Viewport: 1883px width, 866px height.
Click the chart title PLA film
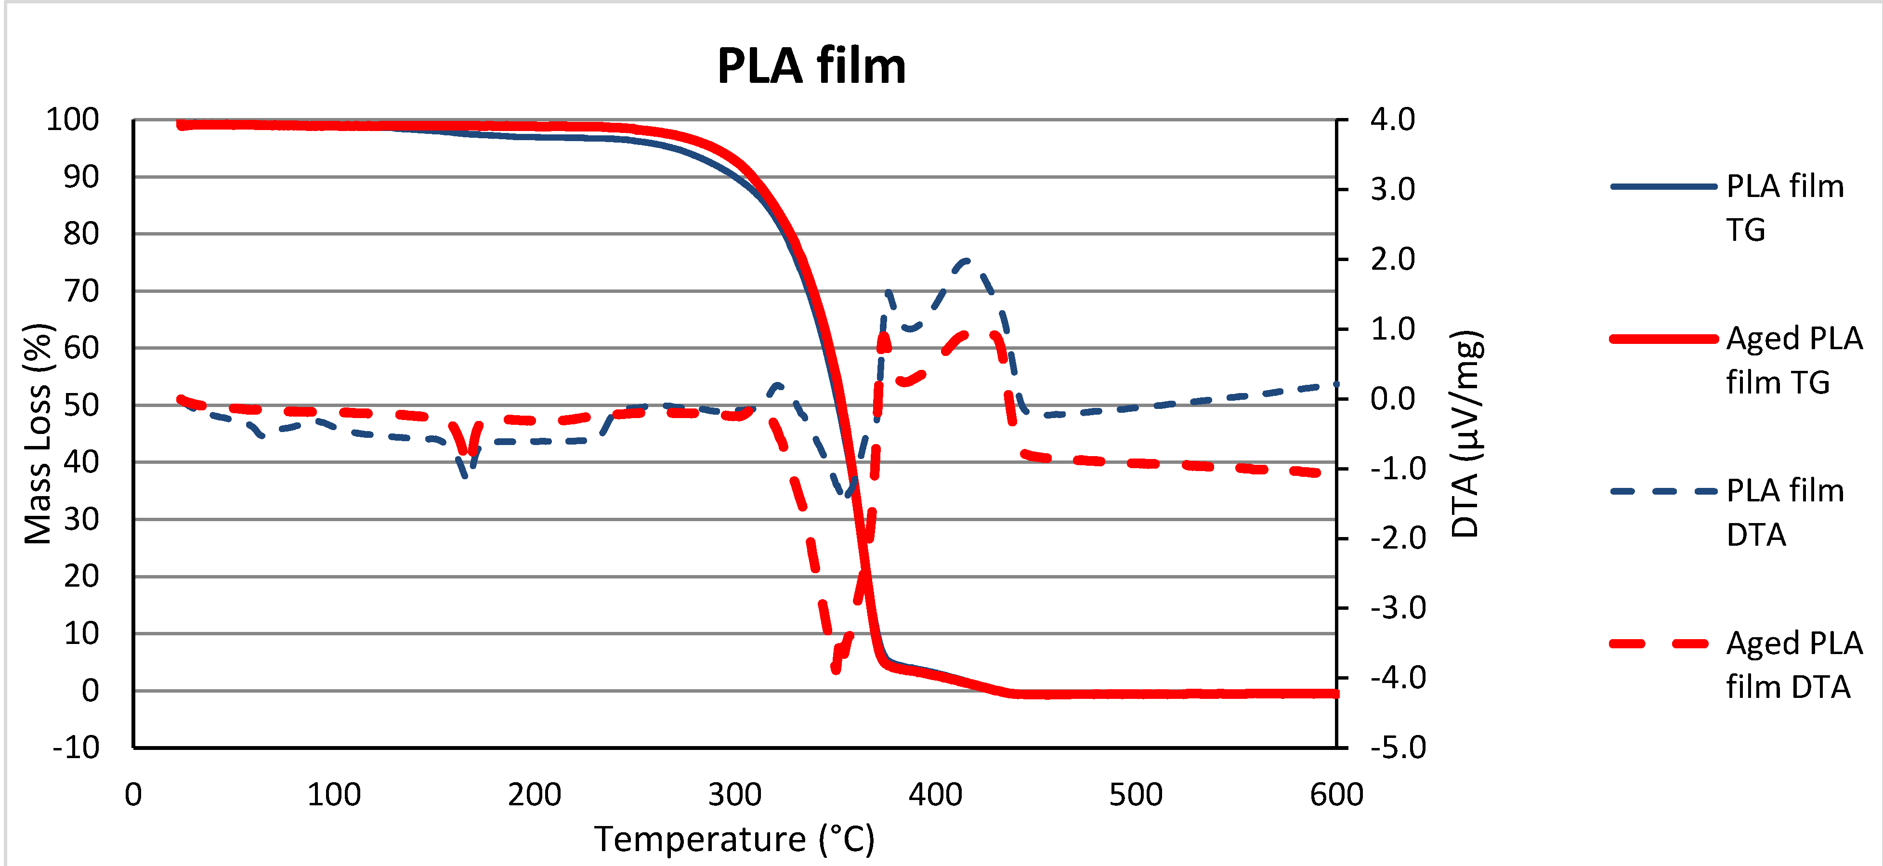tap(811, 66)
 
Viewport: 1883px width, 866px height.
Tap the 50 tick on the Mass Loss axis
tap(81, 405)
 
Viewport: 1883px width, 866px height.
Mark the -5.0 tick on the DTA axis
tap(1398, 748)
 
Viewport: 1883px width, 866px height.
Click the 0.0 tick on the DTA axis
tap(1393, 399)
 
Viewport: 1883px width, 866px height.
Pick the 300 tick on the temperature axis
tap(734, 794)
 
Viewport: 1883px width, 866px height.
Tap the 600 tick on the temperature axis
tap(1336, 794)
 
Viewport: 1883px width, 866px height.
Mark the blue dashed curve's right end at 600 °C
tap(1335, 384)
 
